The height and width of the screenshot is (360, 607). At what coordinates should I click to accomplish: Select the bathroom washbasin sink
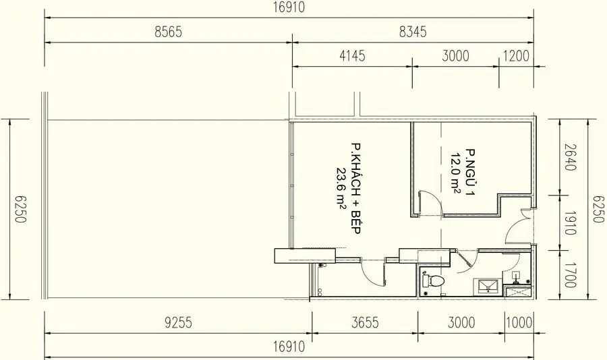[488, 286]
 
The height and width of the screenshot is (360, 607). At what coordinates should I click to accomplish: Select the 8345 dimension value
[413, 32]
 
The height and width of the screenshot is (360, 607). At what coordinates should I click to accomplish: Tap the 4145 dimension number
[351, 56]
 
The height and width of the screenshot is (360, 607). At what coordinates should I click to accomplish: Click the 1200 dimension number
[517, 56]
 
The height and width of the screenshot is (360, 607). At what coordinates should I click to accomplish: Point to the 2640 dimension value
[570, 157]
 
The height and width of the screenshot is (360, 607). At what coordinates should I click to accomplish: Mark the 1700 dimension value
[570, 276]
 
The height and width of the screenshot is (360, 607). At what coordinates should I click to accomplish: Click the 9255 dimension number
[178, 323]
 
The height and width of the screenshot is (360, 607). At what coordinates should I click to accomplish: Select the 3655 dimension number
[364, 323]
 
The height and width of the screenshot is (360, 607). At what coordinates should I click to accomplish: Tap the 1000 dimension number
[521, 323]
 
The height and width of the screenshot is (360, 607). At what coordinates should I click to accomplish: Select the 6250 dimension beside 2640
[597, 209]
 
